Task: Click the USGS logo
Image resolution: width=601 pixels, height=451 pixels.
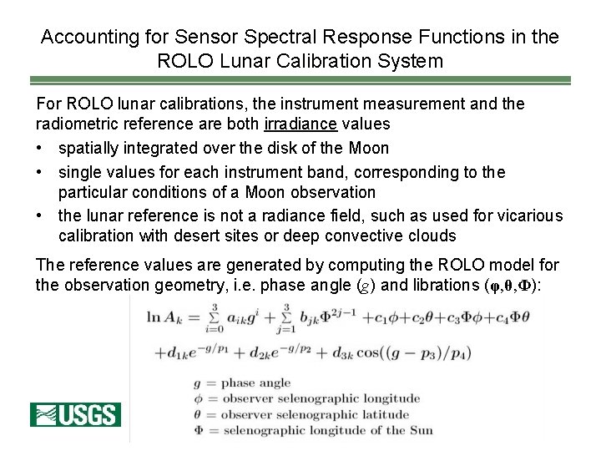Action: click(x=75, y=414)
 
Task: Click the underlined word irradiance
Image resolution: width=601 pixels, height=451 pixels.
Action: click(x=299, y=124)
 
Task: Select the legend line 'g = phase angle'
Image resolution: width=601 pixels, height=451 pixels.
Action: click(x=241, y=383)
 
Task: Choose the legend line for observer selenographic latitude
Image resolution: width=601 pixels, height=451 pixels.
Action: click(x=301, y=415)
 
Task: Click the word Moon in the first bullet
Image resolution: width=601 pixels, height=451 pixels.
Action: click(x=369, y=149)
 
